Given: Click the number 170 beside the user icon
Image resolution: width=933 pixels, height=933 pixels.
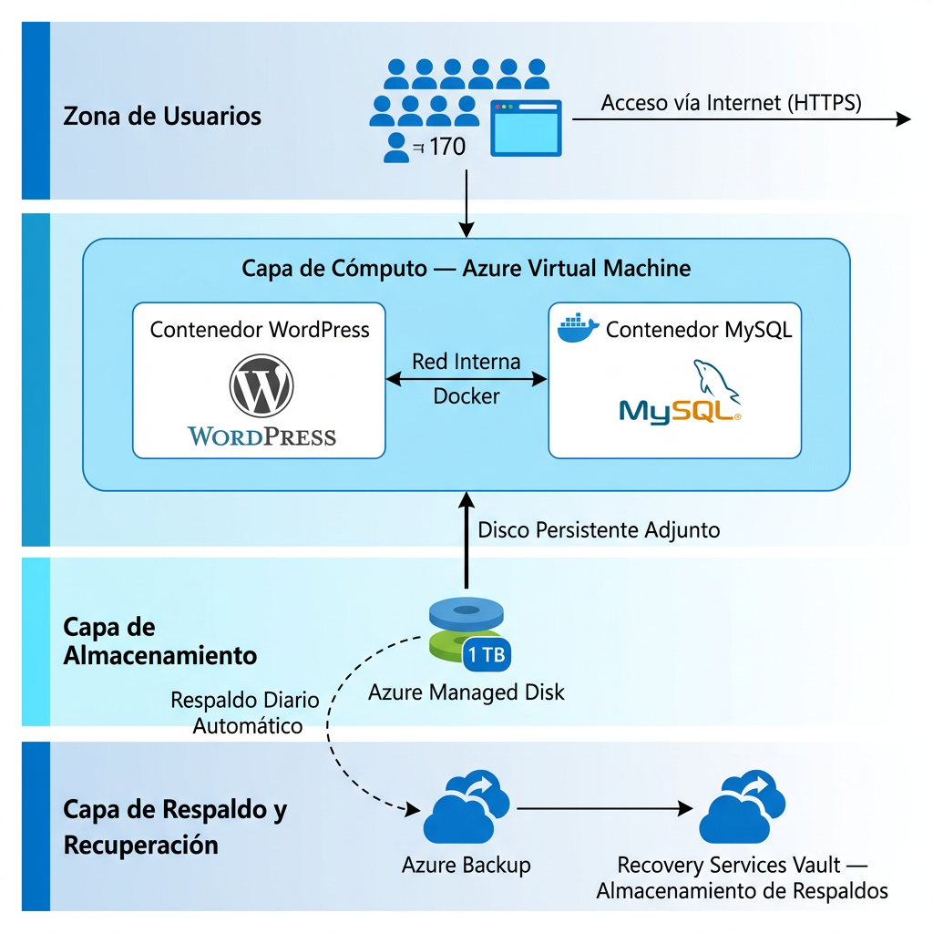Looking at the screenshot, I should coord(447,146).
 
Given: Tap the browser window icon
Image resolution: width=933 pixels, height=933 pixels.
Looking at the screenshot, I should coord(526,128).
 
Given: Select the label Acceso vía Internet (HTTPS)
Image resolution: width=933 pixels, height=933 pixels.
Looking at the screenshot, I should coord(731,102).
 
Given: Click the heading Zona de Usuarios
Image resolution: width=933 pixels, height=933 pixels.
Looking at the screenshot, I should coord(162,117).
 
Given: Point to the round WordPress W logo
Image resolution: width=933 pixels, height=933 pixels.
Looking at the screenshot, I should coord(261,385).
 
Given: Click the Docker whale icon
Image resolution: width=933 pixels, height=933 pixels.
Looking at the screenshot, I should coord(578,327).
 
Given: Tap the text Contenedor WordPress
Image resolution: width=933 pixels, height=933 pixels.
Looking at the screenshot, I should coord(260,329).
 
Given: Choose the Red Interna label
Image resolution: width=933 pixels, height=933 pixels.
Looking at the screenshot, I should coord(466,361).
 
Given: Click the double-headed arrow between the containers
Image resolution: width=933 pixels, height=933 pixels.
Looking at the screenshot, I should coord(466,378).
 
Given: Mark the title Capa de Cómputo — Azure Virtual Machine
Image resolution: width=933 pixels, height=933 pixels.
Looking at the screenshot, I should coord(466,268).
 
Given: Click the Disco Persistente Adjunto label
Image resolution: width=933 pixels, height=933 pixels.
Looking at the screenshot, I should coord(599,529).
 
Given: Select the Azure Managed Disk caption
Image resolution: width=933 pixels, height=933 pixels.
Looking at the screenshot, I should coord(466,692).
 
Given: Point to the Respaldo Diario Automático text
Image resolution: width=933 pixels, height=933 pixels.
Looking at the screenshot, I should coord(246,713).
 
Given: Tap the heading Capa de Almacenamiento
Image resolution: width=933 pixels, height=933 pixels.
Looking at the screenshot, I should coord(159,641).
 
